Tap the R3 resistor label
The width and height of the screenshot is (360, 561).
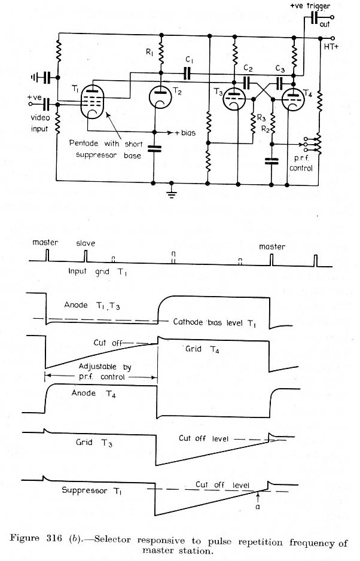261,118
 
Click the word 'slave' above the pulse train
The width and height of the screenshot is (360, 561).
86,243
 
